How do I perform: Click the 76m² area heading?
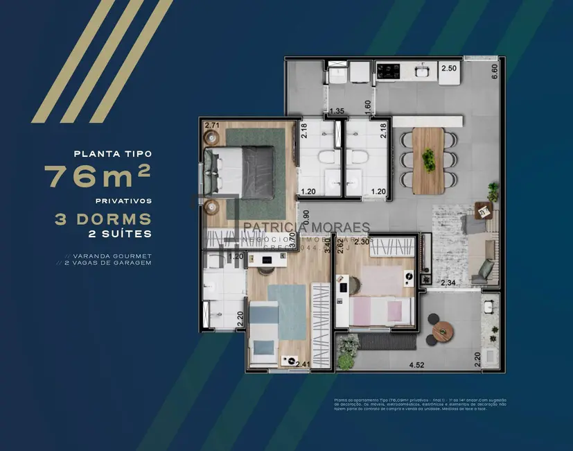pyautogui.click(x=98, y=176)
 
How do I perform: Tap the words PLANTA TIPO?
pyautogui.click(x=112, y=153)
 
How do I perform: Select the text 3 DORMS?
pyautogui.click(x=103, y=219)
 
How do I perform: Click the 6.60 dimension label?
pyautogui.click(x=495, y=71)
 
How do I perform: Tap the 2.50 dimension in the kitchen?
pyautogui.click(x=449, y=69)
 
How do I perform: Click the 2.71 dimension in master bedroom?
pyautogui.click(x=212, y=126)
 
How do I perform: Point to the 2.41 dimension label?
pyautogui.click(x=303, y=363)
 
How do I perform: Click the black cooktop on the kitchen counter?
pyautogui.click(x=389, y=69)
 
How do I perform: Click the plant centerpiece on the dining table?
pyautogui.click(x=429, y=159)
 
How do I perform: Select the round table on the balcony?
pyautogui.click(x=443, y=332)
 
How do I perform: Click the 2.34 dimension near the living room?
pyautogui.click(x=448, y=282)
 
